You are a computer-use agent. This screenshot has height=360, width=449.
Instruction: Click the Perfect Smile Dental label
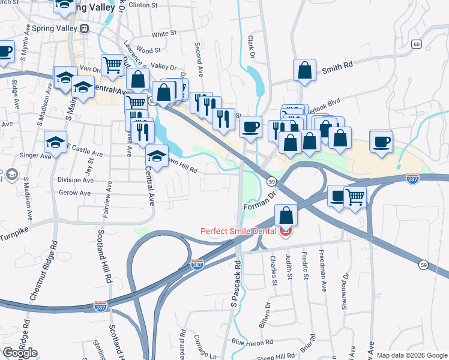[238, 230]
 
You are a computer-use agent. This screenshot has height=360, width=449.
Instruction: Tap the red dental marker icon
[285, 231]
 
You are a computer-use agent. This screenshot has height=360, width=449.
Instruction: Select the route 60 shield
[416, 44]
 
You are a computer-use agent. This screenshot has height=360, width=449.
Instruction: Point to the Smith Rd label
[336, 69]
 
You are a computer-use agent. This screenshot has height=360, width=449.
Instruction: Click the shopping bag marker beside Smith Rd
[305, 70]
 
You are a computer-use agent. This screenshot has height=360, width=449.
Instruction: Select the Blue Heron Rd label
[252, 342]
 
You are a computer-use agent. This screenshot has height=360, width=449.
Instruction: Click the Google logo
[20, 353]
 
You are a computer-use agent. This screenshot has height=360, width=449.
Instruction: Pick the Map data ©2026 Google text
[412, 355]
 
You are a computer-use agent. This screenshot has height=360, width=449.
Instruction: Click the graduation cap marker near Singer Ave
[56, 142]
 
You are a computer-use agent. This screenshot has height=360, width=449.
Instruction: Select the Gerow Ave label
[75, 193]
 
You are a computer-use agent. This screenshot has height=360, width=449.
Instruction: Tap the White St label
[164, 34]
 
